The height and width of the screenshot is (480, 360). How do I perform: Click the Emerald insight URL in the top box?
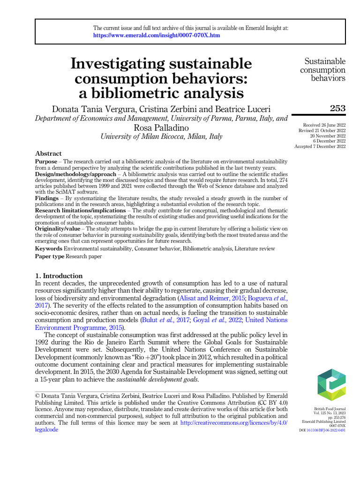(157, 35)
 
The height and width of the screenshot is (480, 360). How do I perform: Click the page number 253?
(337, 108)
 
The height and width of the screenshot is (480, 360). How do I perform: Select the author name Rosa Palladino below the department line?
(161, 127)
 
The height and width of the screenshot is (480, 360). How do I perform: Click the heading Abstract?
(48, 154)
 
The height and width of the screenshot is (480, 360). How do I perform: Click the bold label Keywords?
(49, 248)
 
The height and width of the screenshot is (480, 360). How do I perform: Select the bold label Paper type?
(50, 257)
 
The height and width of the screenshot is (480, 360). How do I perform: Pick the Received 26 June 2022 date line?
(324, 125)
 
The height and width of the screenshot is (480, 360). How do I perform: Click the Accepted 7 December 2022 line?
(320, 146)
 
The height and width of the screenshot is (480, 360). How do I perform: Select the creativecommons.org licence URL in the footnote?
(233, 422)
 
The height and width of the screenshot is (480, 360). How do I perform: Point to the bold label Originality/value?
(60, 229)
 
